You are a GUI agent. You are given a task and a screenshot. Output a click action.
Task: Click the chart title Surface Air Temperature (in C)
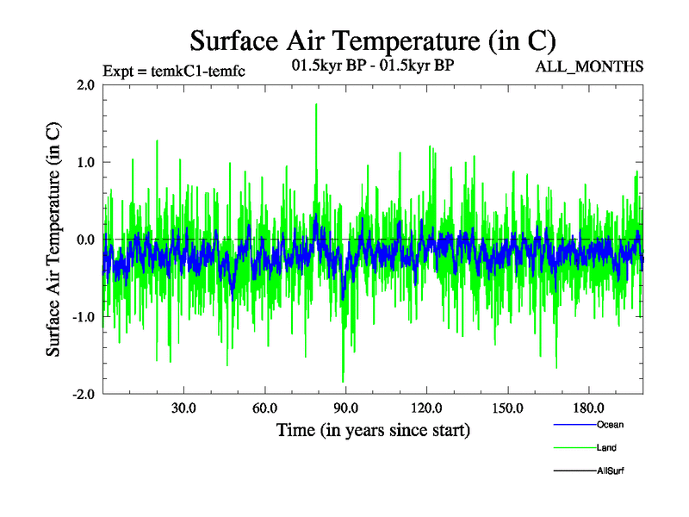373,40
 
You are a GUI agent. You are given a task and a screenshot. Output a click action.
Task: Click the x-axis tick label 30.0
183,408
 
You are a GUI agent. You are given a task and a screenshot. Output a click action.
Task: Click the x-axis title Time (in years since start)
373,430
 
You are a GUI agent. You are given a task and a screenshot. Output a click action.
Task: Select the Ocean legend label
610,425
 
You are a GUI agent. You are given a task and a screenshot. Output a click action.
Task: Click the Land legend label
606,448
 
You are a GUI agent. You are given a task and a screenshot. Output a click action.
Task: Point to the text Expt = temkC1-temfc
173,71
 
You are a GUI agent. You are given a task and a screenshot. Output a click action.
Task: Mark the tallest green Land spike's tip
316,104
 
